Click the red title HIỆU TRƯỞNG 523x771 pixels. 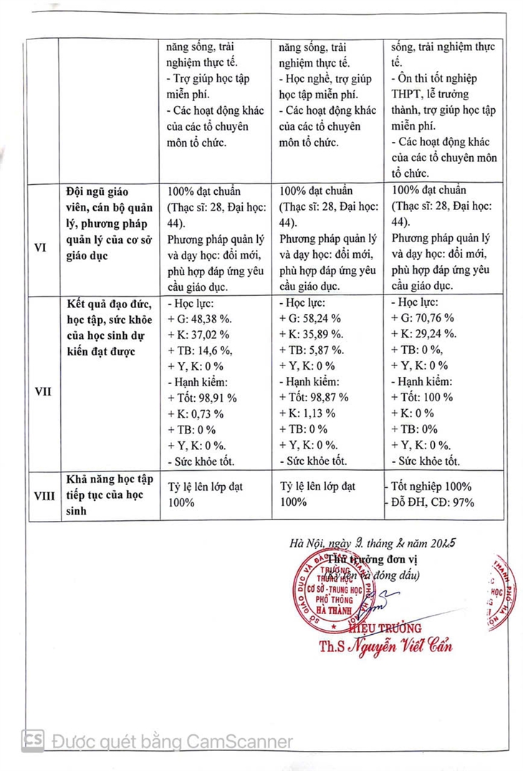(x=391, y=628)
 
